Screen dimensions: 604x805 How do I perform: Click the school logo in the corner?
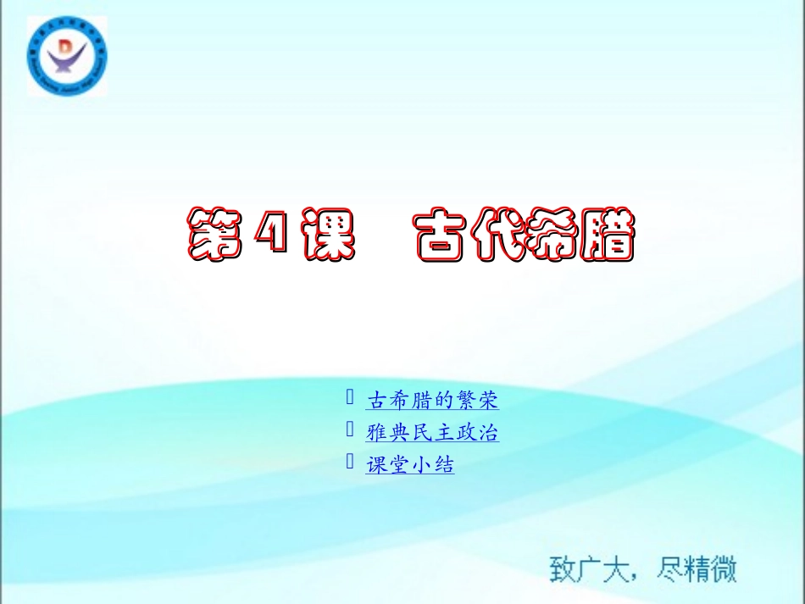click(65, 57)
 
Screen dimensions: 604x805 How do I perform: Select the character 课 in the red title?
click(328, 232)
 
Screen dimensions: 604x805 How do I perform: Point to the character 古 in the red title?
click(443, 232)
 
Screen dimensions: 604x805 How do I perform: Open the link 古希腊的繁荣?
click(432, 400)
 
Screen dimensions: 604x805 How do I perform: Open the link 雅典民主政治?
click(432, 433)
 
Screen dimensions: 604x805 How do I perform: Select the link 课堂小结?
click(410, 464)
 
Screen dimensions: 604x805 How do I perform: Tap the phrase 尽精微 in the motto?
click(697, 568)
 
